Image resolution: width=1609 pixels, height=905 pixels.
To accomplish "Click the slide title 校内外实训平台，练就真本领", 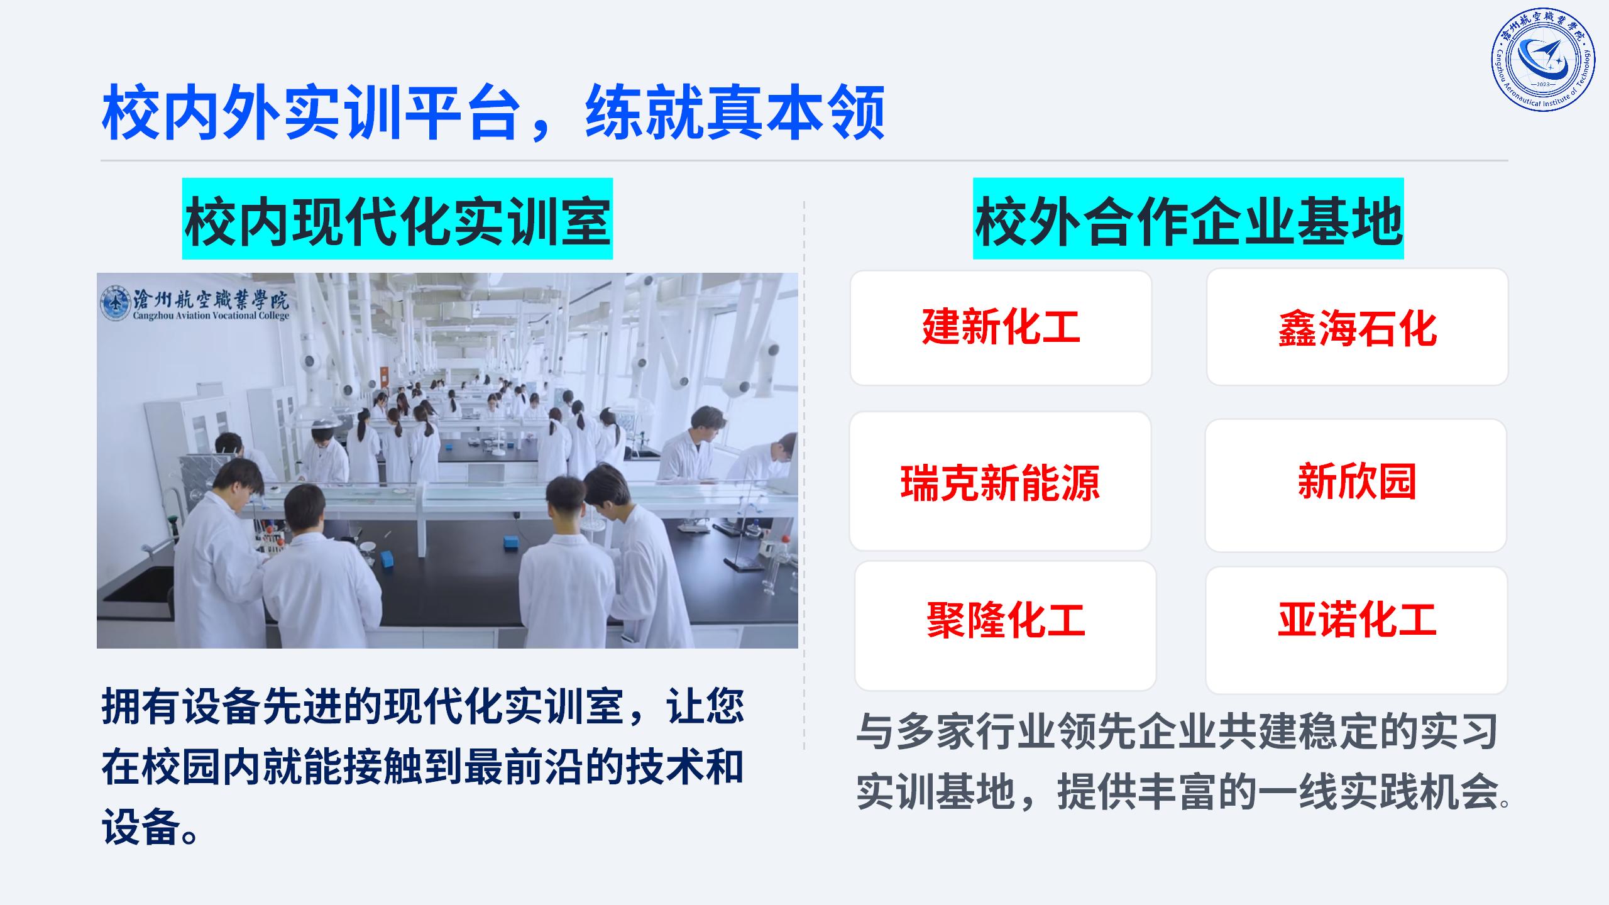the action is pyautogui.click(x=493, y=113).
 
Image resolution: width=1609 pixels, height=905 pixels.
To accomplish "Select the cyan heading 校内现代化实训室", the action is pyautogui.click(x=397, y=219).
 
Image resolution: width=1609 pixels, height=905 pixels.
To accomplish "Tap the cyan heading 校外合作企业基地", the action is pyautogui.click(x=1189, y=219).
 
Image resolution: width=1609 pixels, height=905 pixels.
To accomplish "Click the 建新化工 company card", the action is pyautogui.click(x=1001, y=327).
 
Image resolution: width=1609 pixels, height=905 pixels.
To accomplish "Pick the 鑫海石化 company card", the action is pyautogui.click(x=1357, y=327).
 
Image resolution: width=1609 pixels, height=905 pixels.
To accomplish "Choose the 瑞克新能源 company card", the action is pyautogui.click(x=1000, y=481).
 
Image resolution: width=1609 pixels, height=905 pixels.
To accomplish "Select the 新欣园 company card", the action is pyautogui.click(x=1356, y=485).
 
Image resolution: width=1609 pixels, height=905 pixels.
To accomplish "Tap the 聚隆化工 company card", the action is pyautogui.click(x=1005, y=625).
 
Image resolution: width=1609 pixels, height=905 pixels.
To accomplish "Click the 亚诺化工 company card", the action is pyautogui.click(x=1356, y=630).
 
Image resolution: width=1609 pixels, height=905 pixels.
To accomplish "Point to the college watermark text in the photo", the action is pyautogui.click(x=211, y=304).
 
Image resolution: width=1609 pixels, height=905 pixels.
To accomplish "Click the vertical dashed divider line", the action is pyautogui.click(x=804, y=476).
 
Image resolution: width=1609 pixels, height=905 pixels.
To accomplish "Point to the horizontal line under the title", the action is pyautogui.click(x=804, y=160).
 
